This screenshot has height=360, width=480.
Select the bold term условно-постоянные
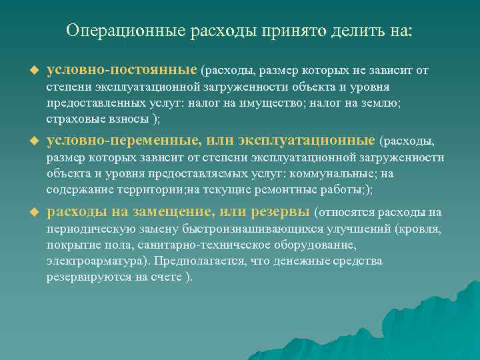[122, 69]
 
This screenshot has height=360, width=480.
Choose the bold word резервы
[282, 212]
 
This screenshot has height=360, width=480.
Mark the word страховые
[74, 119]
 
